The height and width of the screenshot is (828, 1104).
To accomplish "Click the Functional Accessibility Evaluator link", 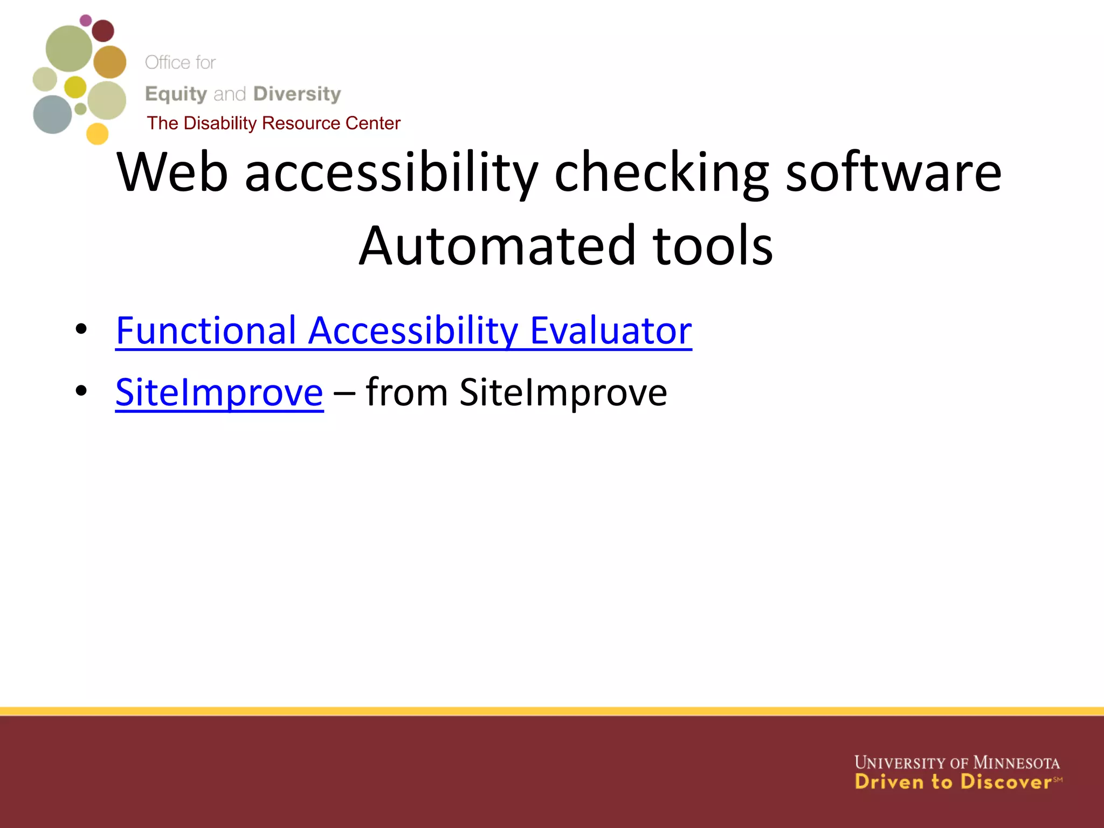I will (x=403, y=330).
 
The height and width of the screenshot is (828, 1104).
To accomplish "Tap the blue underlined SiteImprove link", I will (x=219, y=392).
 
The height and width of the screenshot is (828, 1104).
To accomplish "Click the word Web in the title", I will (x=172, y=172).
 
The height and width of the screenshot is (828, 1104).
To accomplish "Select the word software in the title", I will (x=893, y=172).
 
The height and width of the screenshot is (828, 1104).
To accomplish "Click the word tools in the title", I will (x=713, y=246).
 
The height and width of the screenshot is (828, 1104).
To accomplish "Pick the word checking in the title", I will (x=661, y=172).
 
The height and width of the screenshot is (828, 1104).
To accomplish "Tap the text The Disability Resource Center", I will (x=273, y=123).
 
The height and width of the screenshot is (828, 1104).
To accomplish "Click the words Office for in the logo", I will (x=180, y=63).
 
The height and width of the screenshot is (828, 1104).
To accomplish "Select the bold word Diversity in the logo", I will (x=297, y=94).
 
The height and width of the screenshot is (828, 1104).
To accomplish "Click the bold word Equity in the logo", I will (x=176, y=94).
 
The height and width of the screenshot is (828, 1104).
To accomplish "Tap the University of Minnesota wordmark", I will (x=957, y=763).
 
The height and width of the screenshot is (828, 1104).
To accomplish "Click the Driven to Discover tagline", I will (x=953, y=782).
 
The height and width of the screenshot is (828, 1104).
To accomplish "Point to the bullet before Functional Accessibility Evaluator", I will (x=81, y=328).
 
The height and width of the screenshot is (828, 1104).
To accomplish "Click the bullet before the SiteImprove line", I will (x=81, y=390).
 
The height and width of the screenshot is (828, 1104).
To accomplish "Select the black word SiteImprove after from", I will (x=563, y=392).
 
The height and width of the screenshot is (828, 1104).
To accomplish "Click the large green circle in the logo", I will (x=68, y=49).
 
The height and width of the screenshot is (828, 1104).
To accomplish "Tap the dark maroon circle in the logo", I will (x=102, y=31).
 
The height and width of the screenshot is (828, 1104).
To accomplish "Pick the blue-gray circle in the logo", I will (x=52, y=114).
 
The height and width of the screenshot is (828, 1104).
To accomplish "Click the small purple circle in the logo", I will (x=86, y=20).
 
